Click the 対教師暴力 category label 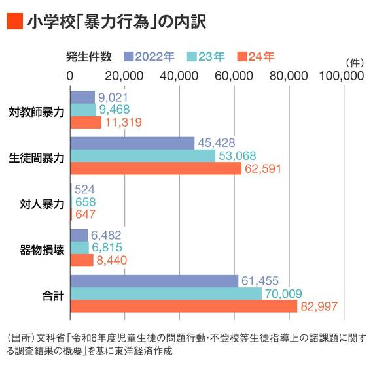click(37, 111)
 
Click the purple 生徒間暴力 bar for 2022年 click(132, 143)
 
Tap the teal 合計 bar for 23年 click(166, 294)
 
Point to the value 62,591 click(264, 168)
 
